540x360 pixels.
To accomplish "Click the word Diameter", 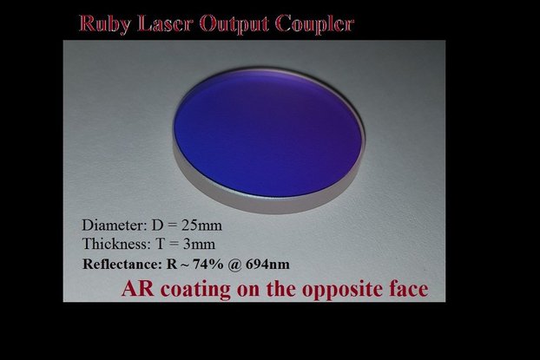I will click(112, 224).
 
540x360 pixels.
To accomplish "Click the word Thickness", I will click(114, 243).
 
